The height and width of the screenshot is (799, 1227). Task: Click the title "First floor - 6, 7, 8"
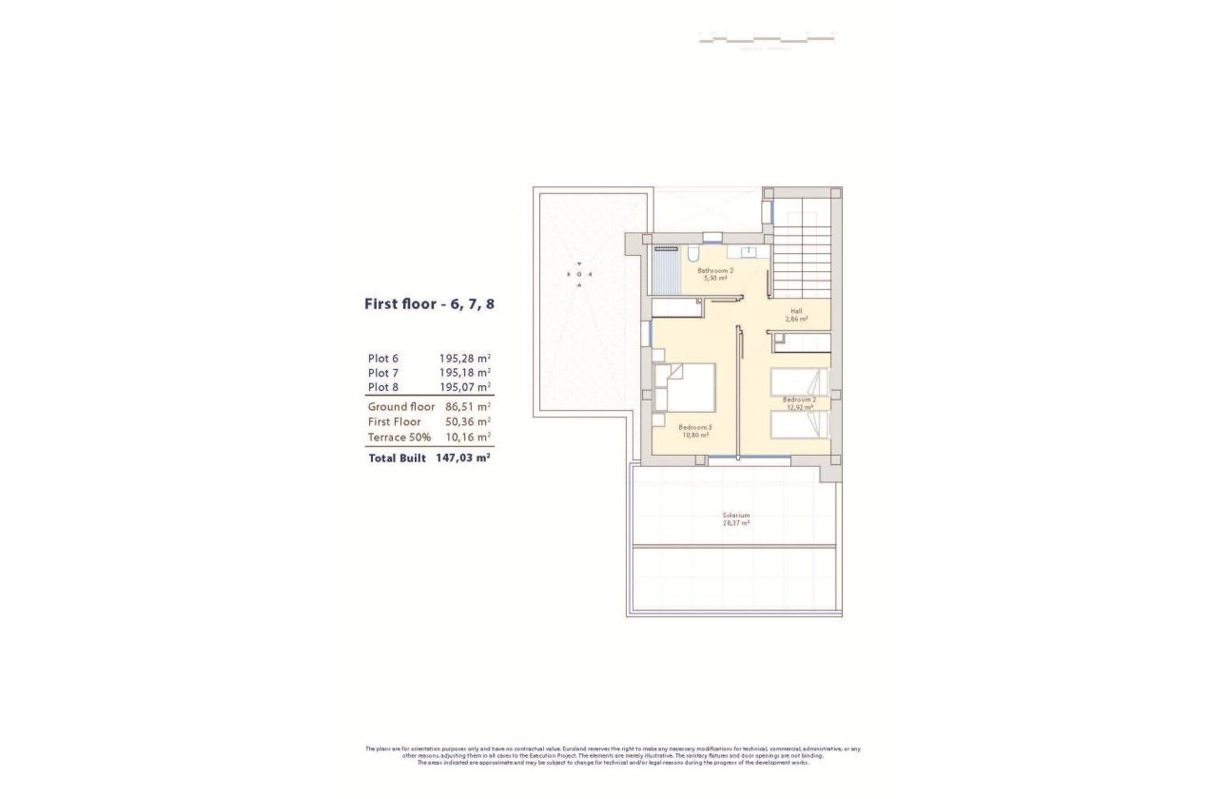(x=429, y=304)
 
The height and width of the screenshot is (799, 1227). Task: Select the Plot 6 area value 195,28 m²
(x=464, y=358)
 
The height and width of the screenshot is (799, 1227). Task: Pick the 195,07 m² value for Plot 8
(x=464, y=387)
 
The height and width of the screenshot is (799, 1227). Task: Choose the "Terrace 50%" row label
(x=399, y=437)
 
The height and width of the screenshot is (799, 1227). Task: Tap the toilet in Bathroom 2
(x=693, y=253)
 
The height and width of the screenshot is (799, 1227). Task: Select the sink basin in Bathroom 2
(x=748, y=252)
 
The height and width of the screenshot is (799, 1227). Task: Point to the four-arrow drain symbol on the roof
(x=580, y=274)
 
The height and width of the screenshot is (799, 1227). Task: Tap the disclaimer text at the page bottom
(x=613, y=755)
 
